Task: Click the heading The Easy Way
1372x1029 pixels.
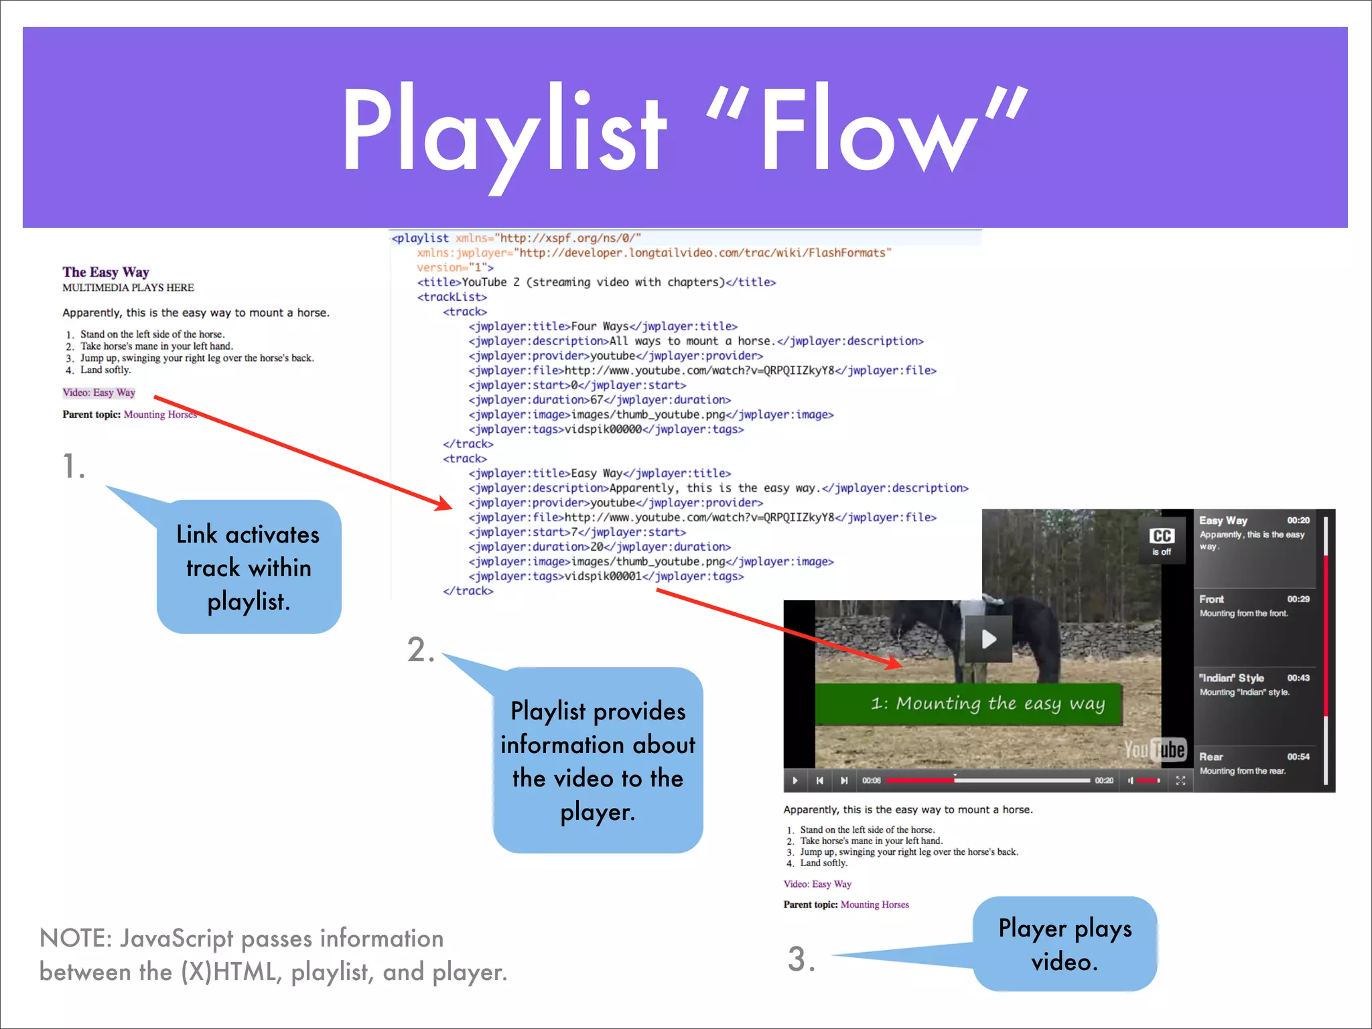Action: (105, 272)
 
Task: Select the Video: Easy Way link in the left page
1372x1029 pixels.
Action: (98, 393)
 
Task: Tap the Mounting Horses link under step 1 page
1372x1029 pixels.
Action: (159, 415)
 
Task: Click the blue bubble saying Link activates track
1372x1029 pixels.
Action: (248, 567)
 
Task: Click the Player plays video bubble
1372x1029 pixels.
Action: (1065, 944)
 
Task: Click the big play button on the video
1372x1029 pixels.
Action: (988, 638)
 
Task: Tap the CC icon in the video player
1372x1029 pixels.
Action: (1162, 537)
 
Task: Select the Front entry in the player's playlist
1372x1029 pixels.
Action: (1211, 599)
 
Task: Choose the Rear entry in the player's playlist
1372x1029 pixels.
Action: (1211, 756)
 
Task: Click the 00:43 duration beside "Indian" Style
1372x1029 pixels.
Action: (1298, 678)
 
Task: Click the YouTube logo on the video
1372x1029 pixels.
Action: (1155, 750)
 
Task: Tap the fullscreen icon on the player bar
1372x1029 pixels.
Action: (1180, 780)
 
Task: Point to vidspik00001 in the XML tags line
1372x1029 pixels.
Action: (603, 576)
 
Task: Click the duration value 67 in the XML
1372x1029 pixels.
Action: (596, 400)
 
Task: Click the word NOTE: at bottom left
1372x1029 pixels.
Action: (76, 939)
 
